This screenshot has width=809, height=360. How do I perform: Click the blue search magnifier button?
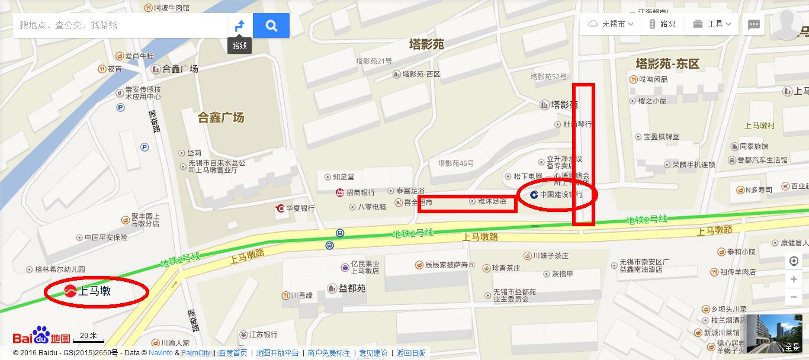[271, 25]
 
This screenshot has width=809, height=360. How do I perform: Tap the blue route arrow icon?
[240, 25]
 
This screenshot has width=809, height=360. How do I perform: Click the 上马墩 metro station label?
[95, 291]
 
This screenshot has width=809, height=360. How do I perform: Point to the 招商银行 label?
[360, 192]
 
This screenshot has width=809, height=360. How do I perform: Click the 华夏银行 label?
[300, 208]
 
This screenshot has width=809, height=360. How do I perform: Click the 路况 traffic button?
[662, 24]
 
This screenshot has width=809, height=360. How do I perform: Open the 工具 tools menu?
[714, 24]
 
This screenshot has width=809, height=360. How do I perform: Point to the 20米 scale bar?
[88, 337]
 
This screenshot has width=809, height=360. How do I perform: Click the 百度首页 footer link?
[233, 353]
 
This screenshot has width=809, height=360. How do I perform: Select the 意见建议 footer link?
[373, 353]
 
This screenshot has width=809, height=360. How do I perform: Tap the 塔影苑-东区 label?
[667, 63]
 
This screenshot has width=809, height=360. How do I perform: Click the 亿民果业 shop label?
[364, 268]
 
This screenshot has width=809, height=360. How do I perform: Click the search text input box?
[118, 25]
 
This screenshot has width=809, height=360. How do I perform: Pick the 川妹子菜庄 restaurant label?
[550, 256]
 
